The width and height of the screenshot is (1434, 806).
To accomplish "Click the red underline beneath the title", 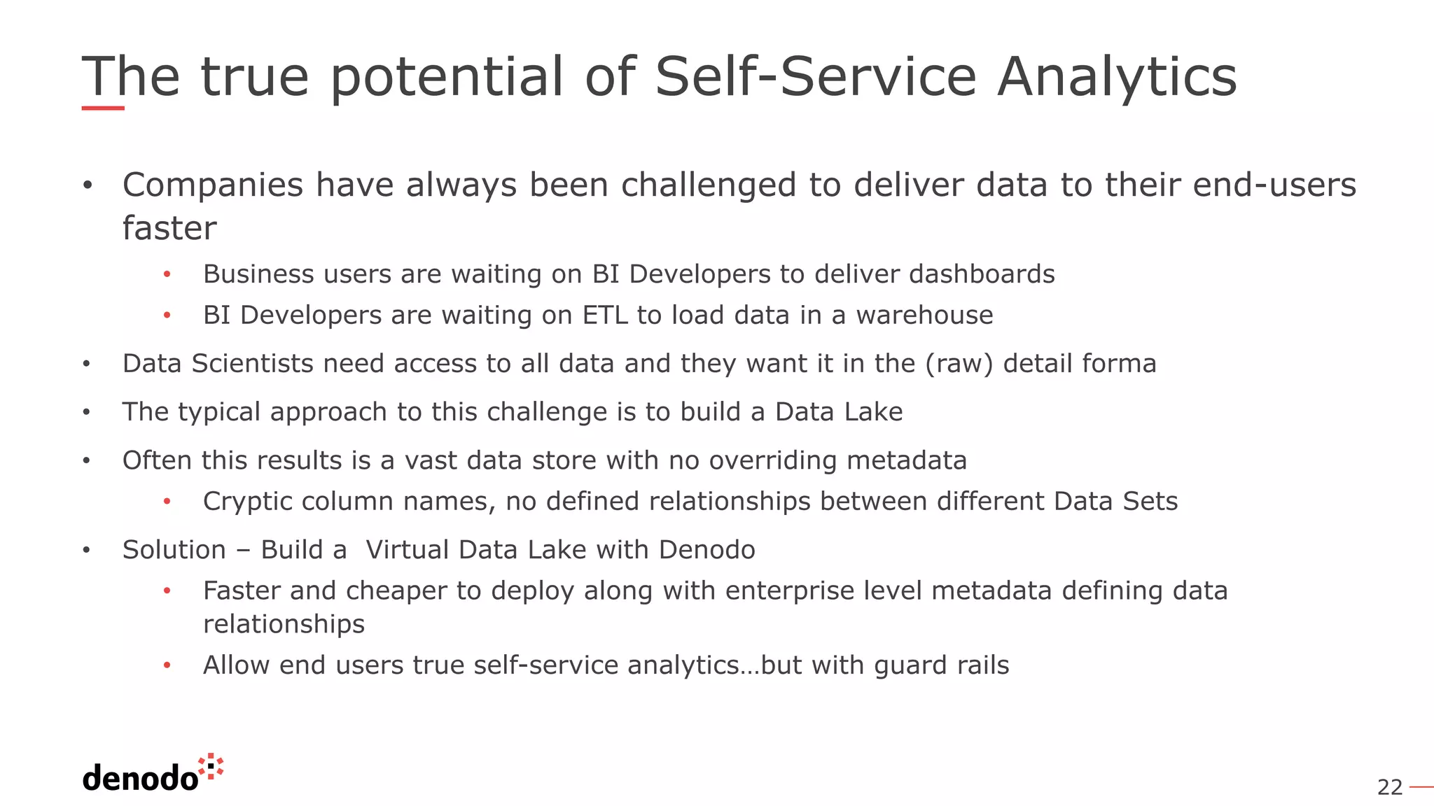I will click(x=103, y=108).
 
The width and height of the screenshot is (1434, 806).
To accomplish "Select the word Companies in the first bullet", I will click(x=213, y=186).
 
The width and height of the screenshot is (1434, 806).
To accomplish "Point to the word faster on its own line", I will click(x=169, y=229).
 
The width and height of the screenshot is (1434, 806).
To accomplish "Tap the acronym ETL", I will click(x=605, y=316).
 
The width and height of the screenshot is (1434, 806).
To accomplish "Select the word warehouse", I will click(x=924, y=316).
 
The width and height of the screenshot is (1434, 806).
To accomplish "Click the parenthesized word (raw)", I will click(x=959, y=364).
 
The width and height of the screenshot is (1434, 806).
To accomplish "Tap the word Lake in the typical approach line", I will click(x=873, y=412).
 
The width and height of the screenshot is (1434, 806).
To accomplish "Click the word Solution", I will click(x=174, y=550).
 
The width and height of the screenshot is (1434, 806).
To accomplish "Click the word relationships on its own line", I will click(x=284, y=624).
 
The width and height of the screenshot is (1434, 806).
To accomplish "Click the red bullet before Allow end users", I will click(x=167, y=665).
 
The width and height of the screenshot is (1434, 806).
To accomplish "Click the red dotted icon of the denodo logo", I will click(x=211, y=766).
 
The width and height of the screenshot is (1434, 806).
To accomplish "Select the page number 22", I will click(x=1390, y=788).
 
